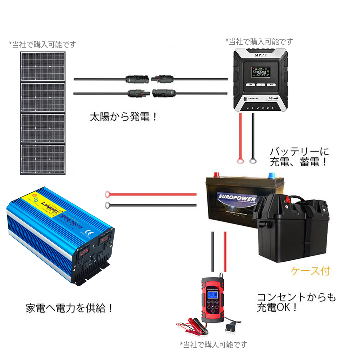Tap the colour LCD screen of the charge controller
coord(259,72)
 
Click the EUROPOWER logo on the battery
coord(237,199)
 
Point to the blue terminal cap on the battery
coord(271,175)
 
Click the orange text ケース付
coord(310,271)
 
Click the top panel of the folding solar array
coord(43,67)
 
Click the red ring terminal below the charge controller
coord(238,161)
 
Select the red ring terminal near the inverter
coord(107,195)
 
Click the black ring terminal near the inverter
coord(107,206)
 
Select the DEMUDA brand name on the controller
coord(256,98)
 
